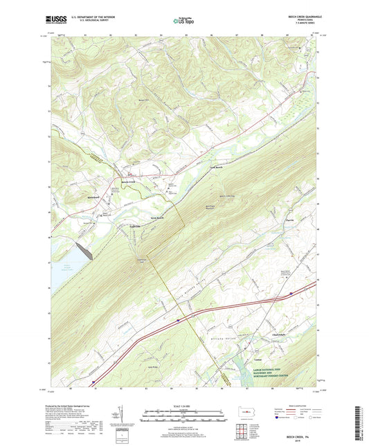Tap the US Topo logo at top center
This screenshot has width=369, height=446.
pyautogui.click(x=184, y=21)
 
